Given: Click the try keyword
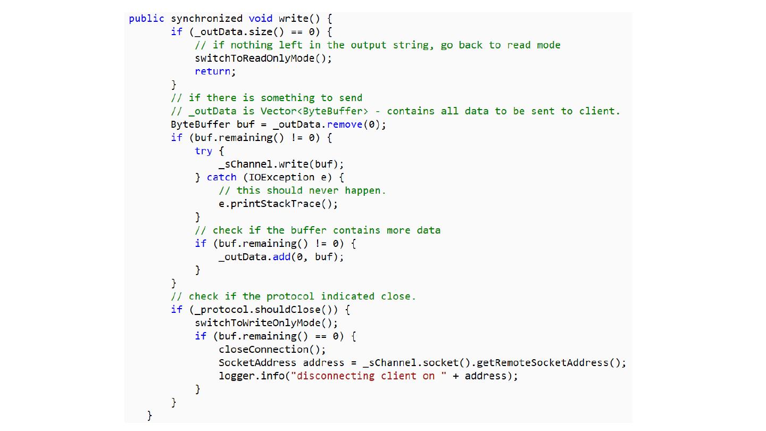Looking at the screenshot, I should tap(203, 151).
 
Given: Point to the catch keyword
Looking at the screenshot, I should tap(221, 177).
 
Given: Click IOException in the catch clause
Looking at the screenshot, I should tap(282, 177).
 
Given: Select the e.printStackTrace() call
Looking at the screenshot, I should tap(278, 204).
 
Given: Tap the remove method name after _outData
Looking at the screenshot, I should tap(345, 125).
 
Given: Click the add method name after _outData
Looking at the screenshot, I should tap(281, 256).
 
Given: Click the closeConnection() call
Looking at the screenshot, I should tap(272, 350).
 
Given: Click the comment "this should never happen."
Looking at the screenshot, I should tap(303, 190).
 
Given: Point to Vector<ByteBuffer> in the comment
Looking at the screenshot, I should tap(314, 111).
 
